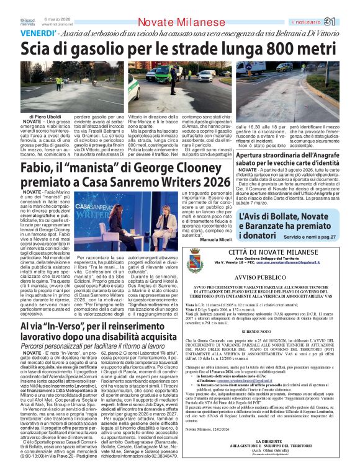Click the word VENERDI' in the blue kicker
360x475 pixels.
click(x=39, y=33)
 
